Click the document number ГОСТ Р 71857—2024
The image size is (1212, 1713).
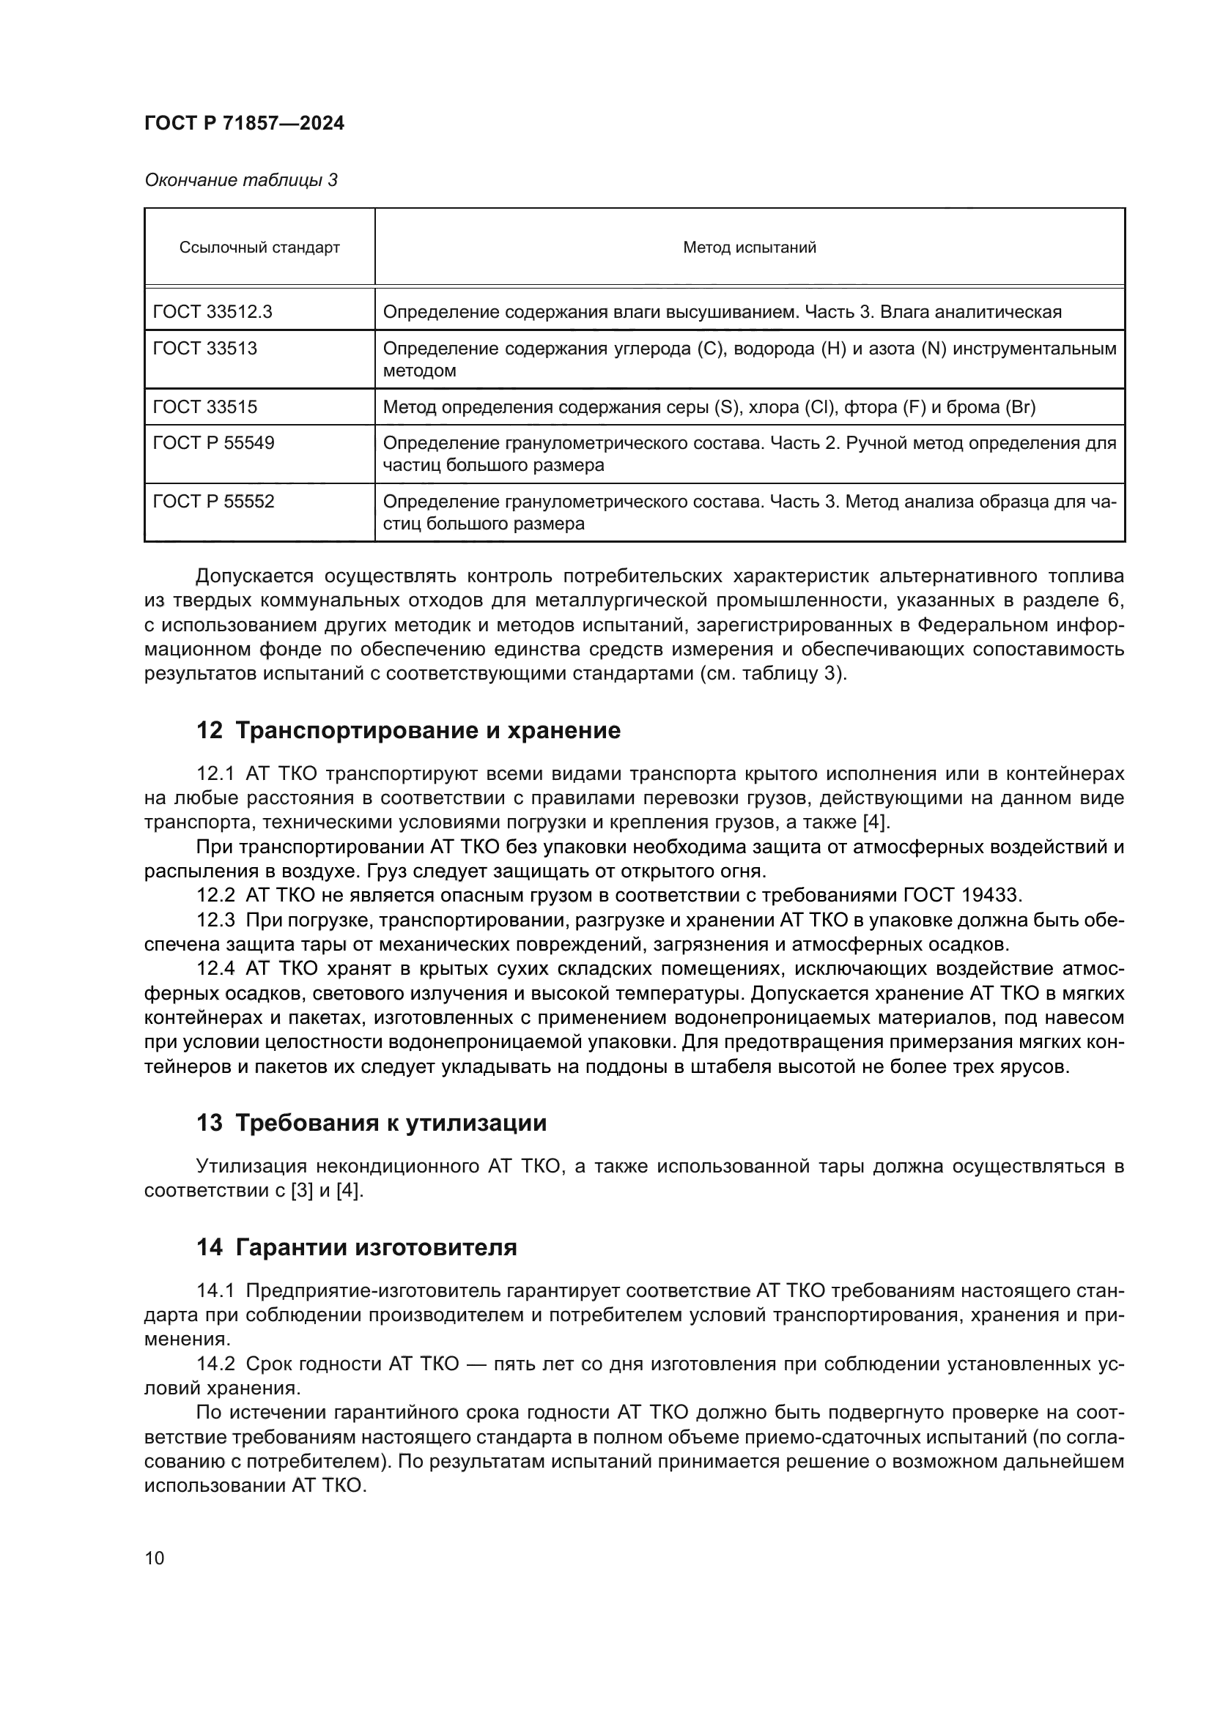pos(244,123)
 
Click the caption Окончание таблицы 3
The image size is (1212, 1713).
pos(240,180)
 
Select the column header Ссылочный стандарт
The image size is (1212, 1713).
pos(259,248)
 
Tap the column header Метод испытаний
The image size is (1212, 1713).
pos(750,248)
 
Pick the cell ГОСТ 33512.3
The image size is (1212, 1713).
pos(212,312)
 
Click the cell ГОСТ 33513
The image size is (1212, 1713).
pos(204,349)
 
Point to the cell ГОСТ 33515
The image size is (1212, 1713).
pos(204,406)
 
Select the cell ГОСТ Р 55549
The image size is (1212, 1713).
pos(213,443)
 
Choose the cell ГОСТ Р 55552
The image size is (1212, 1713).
pos(213,502)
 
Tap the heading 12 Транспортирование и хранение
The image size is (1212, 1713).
pos(408,730)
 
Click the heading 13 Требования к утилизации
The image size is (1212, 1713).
pos(371,1123)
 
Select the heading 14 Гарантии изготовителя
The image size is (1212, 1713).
pos(356,1247)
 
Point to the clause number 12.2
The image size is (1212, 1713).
pos(215,895)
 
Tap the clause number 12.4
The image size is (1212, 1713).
pos(215,969)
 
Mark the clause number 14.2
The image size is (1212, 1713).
pos(215,1364)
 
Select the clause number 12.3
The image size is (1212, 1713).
pos(215,920)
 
